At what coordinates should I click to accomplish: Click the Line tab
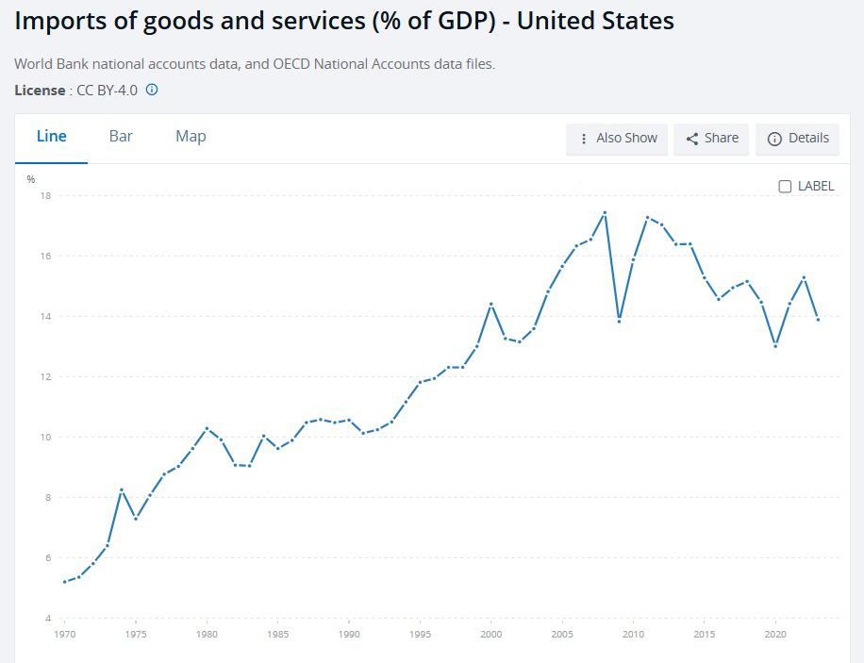(x=51, y=136)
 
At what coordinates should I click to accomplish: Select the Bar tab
(x=121, y=136)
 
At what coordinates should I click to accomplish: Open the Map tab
(x=191, y=136)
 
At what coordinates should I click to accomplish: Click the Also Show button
(x=618, y=138)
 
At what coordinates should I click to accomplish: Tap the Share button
(x=712, y=138)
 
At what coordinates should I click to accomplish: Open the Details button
(x=798, y=138)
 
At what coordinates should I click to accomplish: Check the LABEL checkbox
(x=785, y=186)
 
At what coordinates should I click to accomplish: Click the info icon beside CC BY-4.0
(x=152, y=90)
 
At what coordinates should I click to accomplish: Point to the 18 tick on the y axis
(x=44, y=196)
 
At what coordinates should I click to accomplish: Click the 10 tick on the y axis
(x=44, y=438)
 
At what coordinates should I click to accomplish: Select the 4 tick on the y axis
(x=46, y=619)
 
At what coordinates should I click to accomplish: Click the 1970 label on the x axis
(x=65, y=635)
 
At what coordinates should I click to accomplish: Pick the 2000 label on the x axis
(x=490, y=635)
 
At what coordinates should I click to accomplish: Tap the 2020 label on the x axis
(x=775, y=635)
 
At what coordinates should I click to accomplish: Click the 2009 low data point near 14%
(x=619, y=321)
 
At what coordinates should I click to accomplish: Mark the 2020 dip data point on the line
(x=775, y=346)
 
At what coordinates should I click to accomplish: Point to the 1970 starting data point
(x=65, y=582)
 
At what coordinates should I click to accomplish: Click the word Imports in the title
(x=61, y=21)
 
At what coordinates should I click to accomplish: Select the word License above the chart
(x=40, y=90)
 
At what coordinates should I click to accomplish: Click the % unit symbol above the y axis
(x=31, y=178)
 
